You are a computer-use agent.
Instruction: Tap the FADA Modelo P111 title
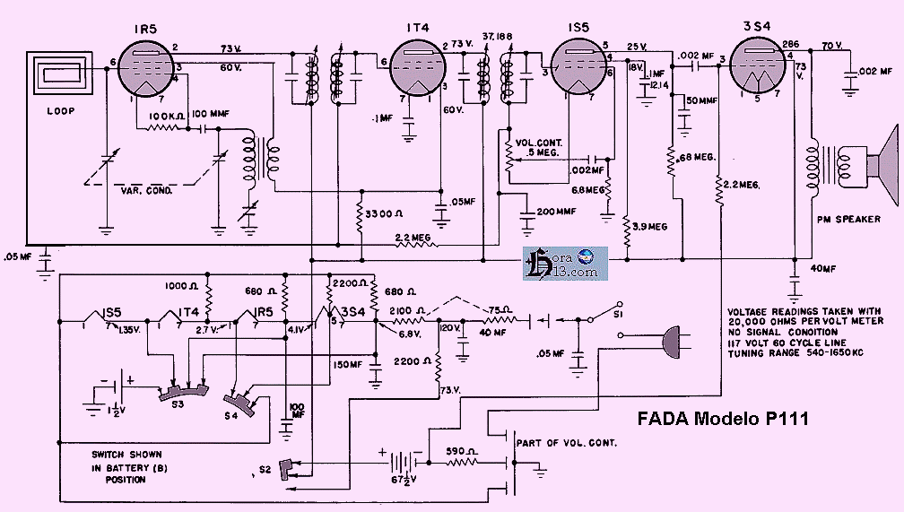tap(724, 419)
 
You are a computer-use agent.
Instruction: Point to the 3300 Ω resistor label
tap(387, 214)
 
